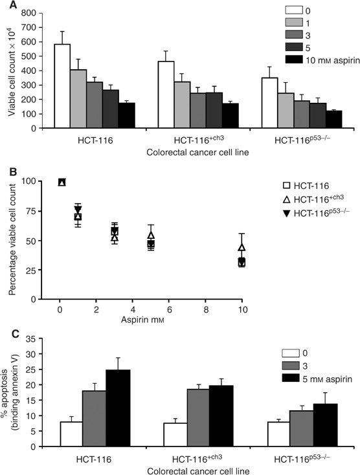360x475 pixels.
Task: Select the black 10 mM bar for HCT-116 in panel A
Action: click(x=126, y=115)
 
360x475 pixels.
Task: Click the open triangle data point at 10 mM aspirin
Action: click(x=242, y=247)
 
